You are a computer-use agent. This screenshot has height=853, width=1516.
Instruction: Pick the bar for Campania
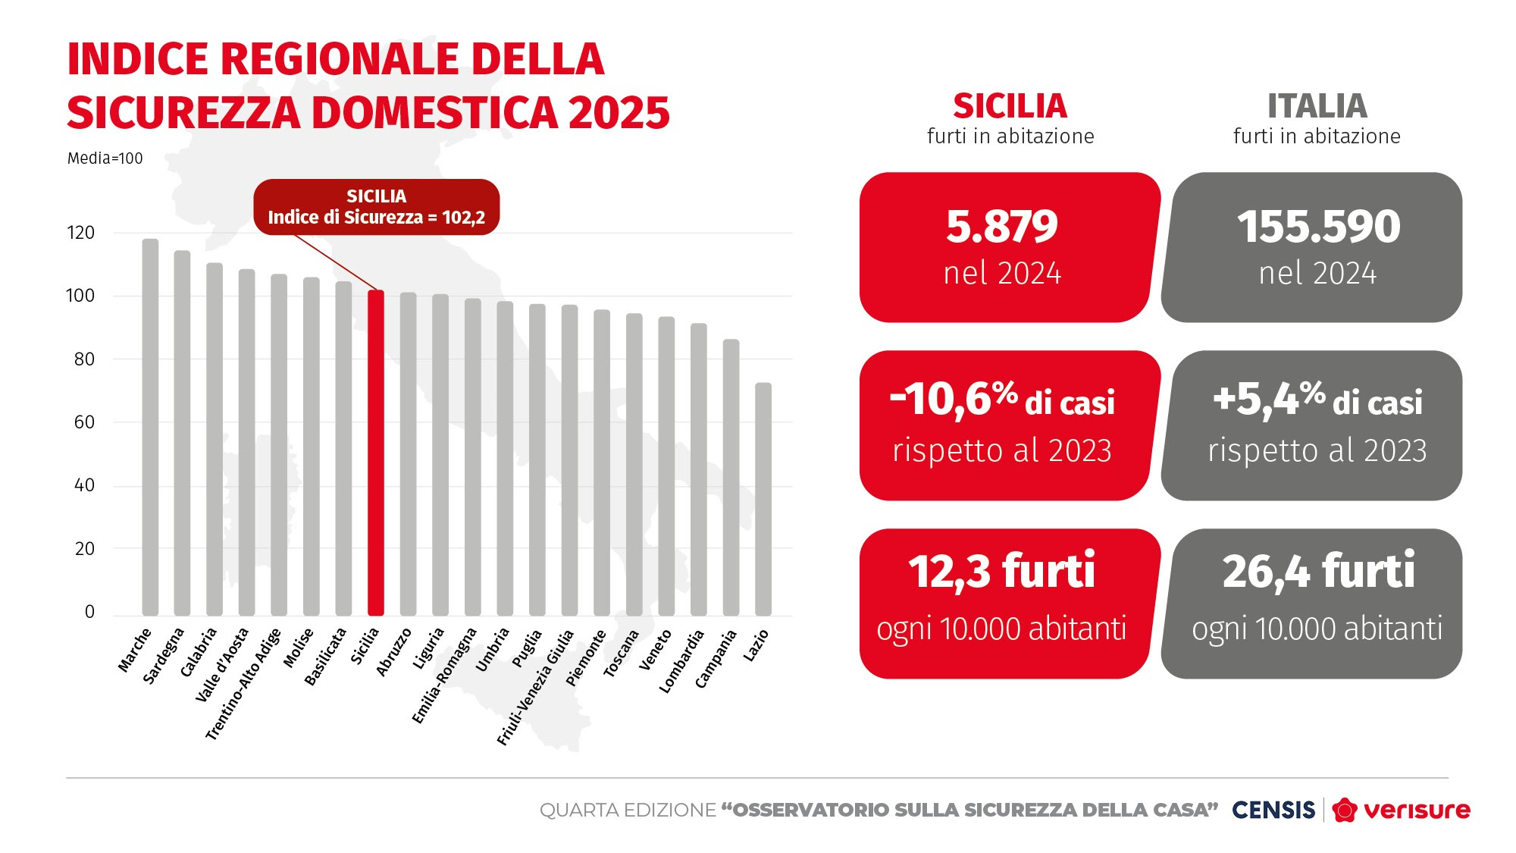click(731, 478)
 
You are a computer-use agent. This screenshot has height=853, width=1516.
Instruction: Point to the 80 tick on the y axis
click(84, 359)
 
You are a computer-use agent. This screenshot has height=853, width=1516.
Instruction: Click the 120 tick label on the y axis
click(81, 233)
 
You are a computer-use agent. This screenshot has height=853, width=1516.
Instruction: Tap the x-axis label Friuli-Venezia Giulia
click(535, 688)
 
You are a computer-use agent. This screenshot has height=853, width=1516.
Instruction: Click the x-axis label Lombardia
click(681, 661)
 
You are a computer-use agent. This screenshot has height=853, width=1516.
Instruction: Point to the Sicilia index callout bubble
click(376, 207)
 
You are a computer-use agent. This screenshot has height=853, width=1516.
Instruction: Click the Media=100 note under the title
click(105, 158)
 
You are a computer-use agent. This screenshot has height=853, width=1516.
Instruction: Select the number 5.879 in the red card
click(1001, 227)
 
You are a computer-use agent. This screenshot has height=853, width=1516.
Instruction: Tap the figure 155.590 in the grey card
click(1318, 227)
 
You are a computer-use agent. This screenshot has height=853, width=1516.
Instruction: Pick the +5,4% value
click(1269, 399)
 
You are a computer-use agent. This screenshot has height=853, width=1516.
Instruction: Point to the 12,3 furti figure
click(1001, 572)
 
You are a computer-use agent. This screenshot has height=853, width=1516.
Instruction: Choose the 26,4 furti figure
click(1318, 572)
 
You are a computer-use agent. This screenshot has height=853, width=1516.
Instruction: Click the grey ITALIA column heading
click(1317, 106)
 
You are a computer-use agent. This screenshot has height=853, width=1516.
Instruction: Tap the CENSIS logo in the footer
click(1273, 810)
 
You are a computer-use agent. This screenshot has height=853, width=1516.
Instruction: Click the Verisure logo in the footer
click(1402, 810)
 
